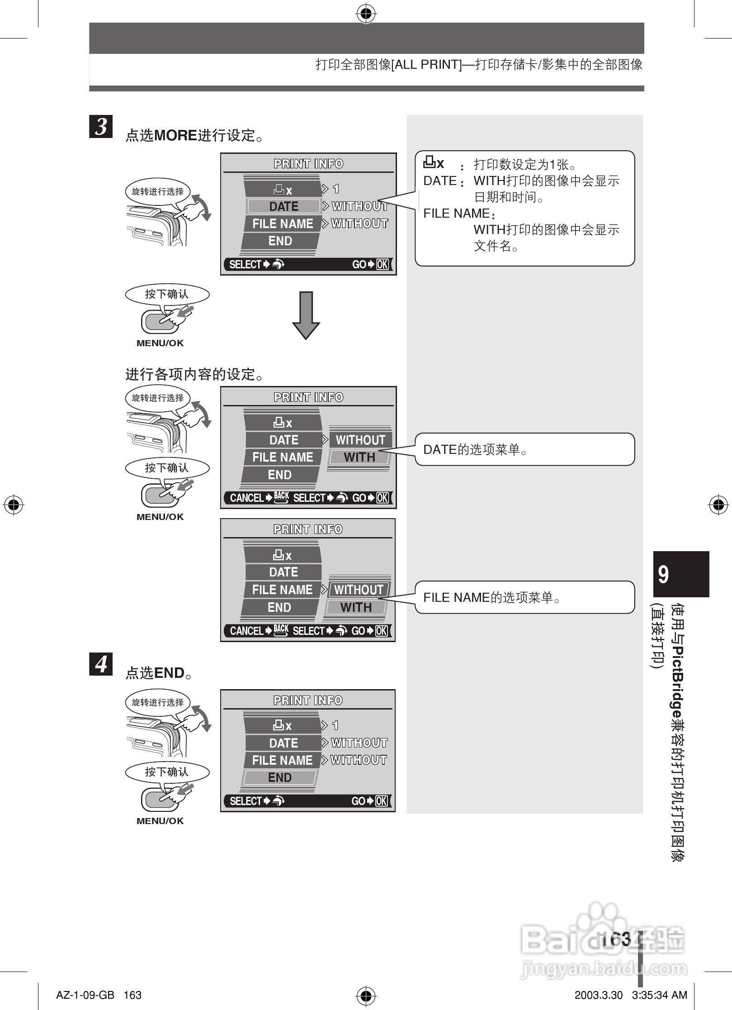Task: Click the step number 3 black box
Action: point(101,126)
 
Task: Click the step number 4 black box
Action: point(101,664)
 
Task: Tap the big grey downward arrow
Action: point(306,315)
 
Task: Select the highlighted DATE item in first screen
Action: point(283,206)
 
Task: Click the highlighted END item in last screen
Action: point(280,777)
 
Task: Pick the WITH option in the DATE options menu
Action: point(359,457)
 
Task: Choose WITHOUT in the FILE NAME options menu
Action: point(359,590)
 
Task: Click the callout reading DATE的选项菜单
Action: point(524,449)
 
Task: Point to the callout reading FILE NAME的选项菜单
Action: point(524,597)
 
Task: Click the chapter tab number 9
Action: point(663,574)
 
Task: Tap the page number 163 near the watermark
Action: point(616,939)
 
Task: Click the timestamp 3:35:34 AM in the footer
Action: point(659,995)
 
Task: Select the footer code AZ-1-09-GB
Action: point(85,995)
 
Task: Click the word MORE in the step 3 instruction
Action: point(175,135)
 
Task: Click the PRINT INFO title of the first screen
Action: point(308,164)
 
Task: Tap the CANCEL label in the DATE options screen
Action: point(246,498)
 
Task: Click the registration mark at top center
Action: point(366,14)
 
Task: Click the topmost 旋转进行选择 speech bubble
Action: point(157,191)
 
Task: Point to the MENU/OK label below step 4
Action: point(160,821)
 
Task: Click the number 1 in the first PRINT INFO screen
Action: point(336,189)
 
